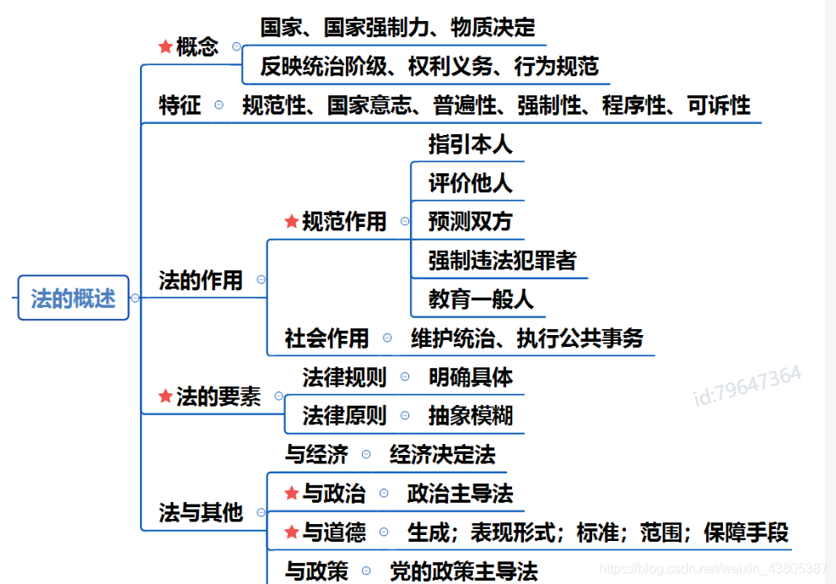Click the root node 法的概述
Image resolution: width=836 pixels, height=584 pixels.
click(x=73, y=298)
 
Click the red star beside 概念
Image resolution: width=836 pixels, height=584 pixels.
click(x=165, y=47)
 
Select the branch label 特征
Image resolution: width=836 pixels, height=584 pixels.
click(x=180, y=105)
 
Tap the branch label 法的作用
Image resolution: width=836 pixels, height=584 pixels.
click(x=201, y=280)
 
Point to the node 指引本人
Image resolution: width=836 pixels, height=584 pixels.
click(x=470, y=144)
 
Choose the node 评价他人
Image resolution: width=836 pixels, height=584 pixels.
click(x=470, y=183)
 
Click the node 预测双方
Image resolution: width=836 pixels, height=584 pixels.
click(x=470, y=222)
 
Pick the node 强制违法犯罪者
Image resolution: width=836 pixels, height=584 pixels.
click(x=502, y=261)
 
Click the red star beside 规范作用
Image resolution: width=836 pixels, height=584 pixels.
click(x=291, y=222)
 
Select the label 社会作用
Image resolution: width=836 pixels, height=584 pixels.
click(x=327, y=338)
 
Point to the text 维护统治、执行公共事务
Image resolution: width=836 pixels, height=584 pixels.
click(x=527, y=338)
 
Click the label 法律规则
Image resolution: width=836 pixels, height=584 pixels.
click(x=344, y=377)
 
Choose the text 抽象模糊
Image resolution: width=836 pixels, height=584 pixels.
click(x=470, y=416)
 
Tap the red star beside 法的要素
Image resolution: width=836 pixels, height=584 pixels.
click(x=165, y=397)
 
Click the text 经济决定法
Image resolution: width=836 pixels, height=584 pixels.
click(x=442, y=455)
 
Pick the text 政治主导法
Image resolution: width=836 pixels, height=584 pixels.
click(x=460, y=494)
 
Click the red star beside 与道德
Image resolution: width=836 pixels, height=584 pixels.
click(x=291, y=533)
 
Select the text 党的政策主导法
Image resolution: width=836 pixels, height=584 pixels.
click(x=463, y=571)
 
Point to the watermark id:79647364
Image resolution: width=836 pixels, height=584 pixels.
click(x=747, y=385)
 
